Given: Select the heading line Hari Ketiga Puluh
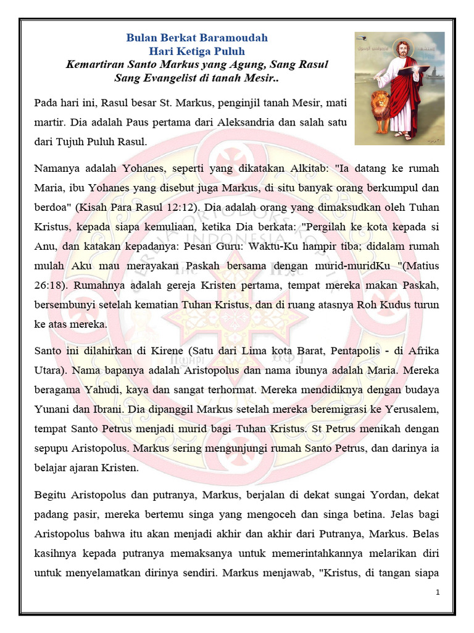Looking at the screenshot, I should point(197,51).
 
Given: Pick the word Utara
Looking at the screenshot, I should point(49,372).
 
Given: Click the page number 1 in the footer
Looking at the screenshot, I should point(437,593).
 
